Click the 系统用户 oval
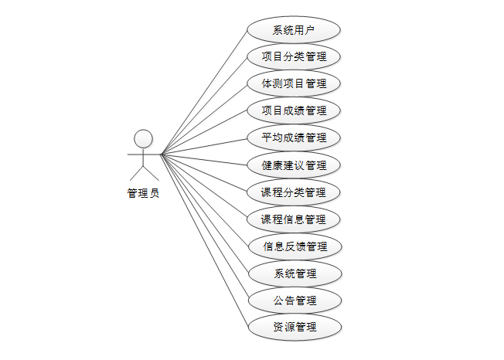click(294, 30)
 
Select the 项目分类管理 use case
click(294, 57)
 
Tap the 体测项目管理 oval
click(294, 83)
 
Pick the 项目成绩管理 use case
click(294, 110)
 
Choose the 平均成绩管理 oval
click(294, 138)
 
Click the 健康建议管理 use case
click(294, 165)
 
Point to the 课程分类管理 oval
click(294, 192)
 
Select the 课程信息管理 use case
click(294, 219)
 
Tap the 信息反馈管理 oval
click(294, 246)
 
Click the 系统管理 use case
click(294, 273)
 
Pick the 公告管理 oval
click(294, 300)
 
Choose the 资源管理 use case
click(294, 327)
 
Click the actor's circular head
click(143, 139)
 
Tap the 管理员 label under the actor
click(143, 193)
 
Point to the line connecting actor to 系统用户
click(204, 93)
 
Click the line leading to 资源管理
click(204, 240)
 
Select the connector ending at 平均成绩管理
click(204, 147)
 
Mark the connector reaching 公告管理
click(204, 227)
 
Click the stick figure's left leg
click(137, 173)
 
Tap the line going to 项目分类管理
click(204, 106)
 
